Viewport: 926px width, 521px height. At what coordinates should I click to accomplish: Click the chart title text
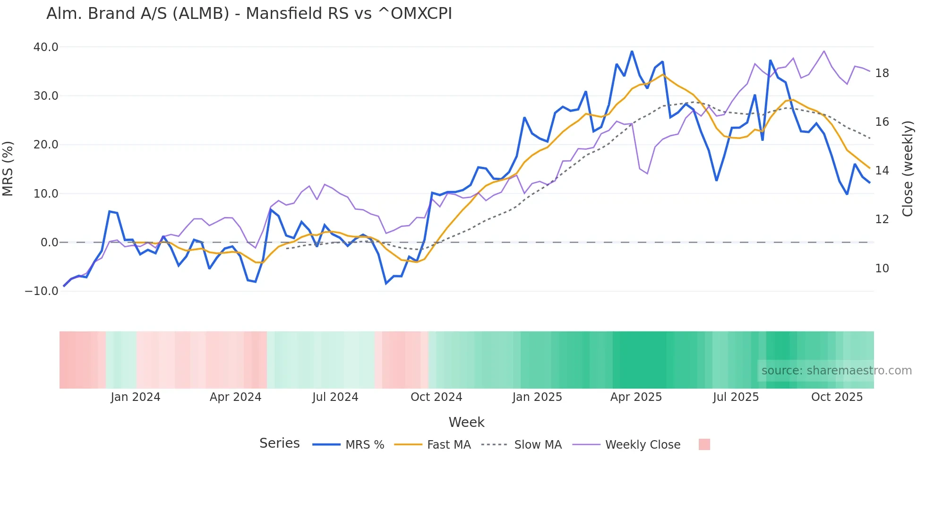(249, 14)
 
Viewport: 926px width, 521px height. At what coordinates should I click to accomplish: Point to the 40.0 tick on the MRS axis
(46, 47)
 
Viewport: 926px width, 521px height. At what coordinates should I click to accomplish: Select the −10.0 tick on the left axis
(42, 291)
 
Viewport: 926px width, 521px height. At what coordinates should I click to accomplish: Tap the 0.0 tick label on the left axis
(49, 243)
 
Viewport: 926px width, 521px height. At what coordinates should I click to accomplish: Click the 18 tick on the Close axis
(882, 73)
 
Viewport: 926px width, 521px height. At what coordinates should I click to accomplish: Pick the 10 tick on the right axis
(882, 269)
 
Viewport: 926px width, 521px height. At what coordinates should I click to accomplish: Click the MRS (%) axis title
(8, 169)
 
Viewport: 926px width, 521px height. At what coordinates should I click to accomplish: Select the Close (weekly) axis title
(907, 169)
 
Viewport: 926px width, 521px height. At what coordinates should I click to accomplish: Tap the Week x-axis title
(466, 422)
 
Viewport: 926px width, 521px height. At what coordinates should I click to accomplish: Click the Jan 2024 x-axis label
(136, 397)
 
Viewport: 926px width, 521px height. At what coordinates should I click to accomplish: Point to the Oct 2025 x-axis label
(837, 397)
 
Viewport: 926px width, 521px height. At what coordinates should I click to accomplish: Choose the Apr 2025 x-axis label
(636, 397)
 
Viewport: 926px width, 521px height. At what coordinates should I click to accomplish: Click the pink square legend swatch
(704, 444)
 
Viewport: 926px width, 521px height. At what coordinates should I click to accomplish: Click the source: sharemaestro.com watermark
(836, 371)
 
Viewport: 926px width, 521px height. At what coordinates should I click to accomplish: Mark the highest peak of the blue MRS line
(632, 52)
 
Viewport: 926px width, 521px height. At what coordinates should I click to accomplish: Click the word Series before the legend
(279, 443)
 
